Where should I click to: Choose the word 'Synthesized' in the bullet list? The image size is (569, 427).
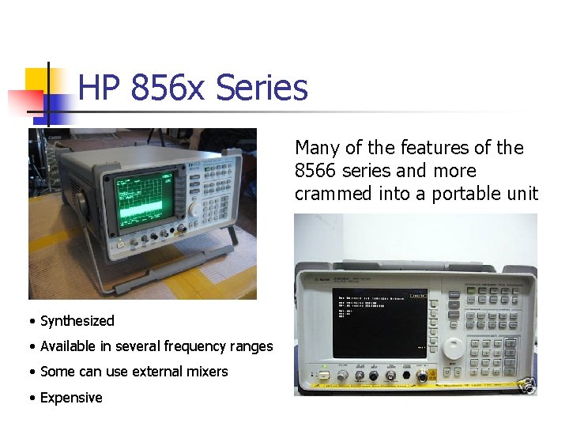77,321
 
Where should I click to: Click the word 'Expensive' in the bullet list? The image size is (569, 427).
71,398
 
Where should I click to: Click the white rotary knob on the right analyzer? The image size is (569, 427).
453,348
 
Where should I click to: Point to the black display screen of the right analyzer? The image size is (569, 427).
379,324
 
